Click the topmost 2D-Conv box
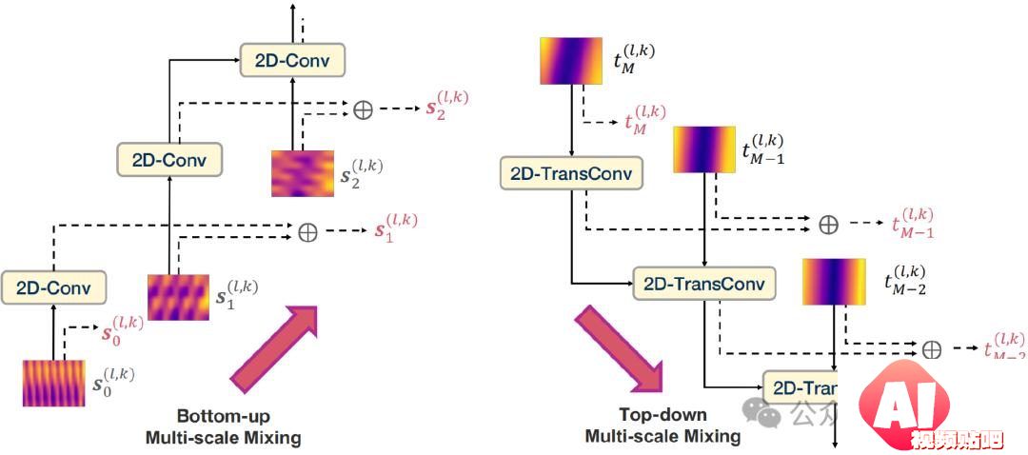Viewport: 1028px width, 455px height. (x=291, y=61)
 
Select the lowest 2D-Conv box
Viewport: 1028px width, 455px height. (x=53, y=286)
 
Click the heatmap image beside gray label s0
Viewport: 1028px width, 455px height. (x=54, y=384)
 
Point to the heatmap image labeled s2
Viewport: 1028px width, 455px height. (x=302, y=173)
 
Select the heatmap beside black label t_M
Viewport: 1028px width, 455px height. (x=570, y=60)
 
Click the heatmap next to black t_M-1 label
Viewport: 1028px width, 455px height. (x=703, y=149)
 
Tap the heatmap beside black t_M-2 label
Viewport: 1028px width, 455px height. (x=833, y=282)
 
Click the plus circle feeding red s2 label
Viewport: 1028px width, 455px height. (x=363, y=109)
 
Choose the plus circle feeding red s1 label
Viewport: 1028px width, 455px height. (x=307, y=232)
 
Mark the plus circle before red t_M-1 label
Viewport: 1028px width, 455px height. (x=829, y=225)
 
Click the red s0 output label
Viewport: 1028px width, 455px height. (x=122, y=330)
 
